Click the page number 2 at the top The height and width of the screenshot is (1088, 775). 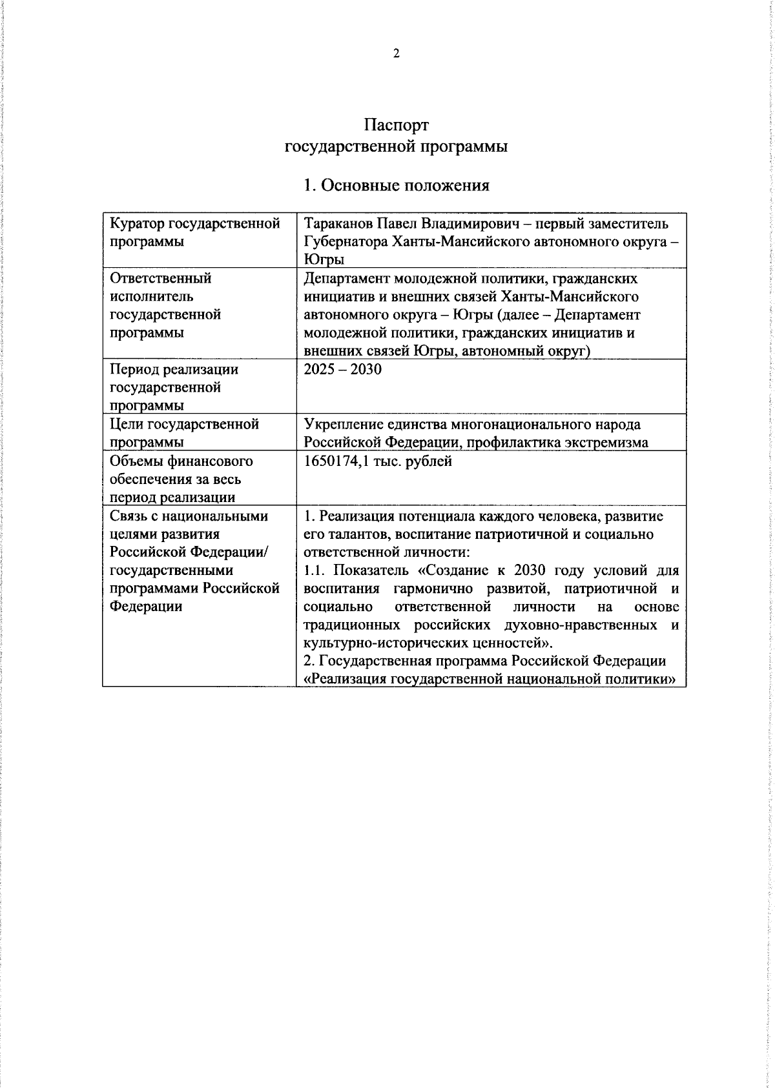396,54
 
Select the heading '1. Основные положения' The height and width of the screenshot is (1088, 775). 396,186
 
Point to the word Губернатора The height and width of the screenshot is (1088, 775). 346,242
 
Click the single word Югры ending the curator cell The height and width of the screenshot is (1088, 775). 324,260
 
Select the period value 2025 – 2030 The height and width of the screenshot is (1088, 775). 342,369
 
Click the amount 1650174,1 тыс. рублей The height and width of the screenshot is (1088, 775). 378,461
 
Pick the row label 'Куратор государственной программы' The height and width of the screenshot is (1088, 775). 194,232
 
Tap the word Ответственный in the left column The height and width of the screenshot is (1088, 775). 161,278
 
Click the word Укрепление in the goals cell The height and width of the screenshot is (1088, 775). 343,425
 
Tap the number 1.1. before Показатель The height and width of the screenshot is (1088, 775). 315,571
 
